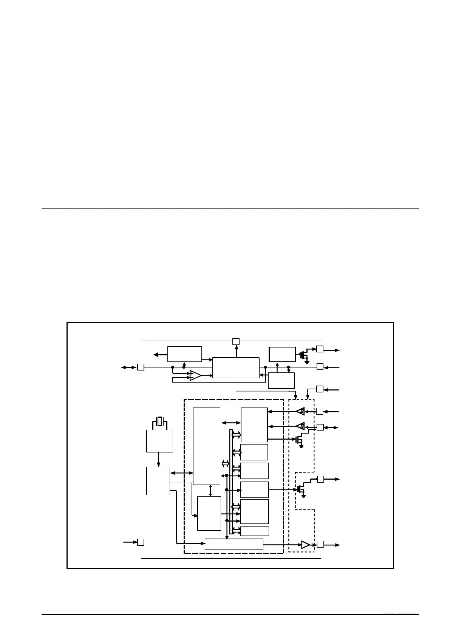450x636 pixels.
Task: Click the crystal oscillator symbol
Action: pos(160,421)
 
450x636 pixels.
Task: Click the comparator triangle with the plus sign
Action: pos(195,375)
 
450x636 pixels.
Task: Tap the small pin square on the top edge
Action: pos(236,342)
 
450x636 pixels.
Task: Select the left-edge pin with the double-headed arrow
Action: pos(141,367)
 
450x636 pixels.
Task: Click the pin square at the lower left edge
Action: pos(141,542)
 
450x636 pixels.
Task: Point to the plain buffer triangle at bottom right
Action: pos(305,545)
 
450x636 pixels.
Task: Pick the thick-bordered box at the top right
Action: pos(282,354)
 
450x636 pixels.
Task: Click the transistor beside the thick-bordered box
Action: pos(304,355)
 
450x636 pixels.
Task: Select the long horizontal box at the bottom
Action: pos(234,544)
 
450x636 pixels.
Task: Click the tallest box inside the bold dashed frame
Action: pos(206,446)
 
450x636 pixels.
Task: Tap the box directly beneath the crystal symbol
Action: pos(159,441)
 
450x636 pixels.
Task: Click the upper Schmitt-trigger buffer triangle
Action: pos(301,411)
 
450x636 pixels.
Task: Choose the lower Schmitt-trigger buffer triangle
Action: pos(301,426)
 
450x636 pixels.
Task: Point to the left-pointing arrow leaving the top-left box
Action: pos(160,354)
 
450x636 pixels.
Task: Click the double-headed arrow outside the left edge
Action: pos(128,367)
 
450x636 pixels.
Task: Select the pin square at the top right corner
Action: pos(320,349)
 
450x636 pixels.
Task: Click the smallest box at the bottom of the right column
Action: pos(255,531)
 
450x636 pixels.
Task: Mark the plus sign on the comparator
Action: pos(192,373)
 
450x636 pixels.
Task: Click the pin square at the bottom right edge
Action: pos(320,544)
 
